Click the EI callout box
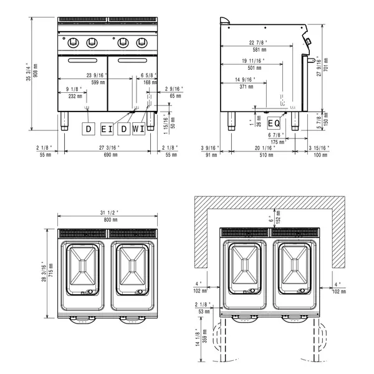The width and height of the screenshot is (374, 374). (x=106, y=129)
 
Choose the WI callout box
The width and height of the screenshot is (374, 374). (x=138, y=129)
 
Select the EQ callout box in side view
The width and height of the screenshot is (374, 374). (x=274, y=123)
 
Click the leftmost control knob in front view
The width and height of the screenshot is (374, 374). (x=70, y=43)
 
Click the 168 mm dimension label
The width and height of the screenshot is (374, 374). (x=148, y=81)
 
